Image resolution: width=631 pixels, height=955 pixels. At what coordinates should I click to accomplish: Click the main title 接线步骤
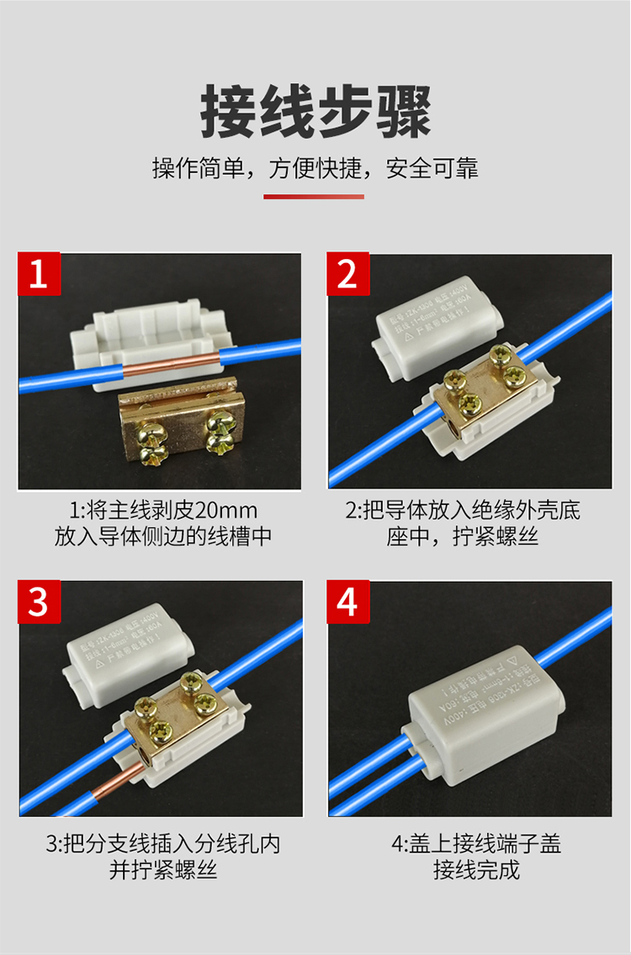pyautogui.click(x=315, y=112)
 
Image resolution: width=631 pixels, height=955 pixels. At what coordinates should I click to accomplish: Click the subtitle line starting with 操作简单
pyautogui.click(x=315, y=168)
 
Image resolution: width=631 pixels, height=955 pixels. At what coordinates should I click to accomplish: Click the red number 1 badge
pyautogui.click(x=40, y=274)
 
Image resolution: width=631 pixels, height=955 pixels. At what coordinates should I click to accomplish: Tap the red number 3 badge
pyautogui.click(x=40, y=602)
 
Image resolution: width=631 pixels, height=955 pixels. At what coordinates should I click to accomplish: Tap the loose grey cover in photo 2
pyautogui.click(x=439, y=318)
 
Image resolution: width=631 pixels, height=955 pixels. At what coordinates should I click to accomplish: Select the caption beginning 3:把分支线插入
pyautogui.click(x=162, y=843)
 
